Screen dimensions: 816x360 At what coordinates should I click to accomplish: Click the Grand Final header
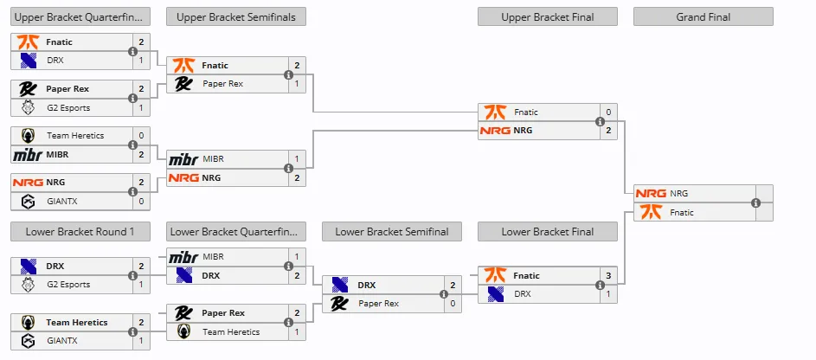click(x=703, y=16)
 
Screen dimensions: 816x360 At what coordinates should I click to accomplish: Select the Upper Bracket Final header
click(x=548, y=16)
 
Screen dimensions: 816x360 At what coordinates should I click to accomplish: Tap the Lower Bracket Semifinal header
click(x=392, y=232)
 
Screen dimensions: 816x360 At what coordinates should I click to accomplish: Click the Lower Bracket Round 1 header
click(x=80, y=232)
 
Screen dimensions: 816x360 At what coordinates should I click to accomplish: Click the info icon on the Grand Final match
click(x=755, y=202)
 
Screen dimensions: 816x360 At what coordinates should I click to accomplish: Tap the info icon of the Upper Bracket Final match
click(x=600, y=121)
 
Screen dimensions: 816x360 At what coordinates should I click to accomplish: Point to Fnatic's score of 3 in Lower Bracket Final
click(x=608, y=276)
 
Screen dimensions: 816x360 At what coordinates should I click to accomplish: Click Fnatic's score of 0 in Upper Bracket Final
click(x=608, y=112)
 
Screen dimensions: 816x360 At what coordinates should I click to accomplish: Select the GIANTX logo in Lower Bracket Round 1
click(x=28, y=341)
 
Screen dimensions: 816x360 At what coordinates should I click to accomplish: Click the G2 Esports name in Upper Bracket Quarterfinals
click(x=68, y=107)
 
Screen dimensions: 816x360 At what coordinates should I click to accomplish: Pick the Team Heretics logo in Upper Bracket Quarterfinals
click(x=28, y=135)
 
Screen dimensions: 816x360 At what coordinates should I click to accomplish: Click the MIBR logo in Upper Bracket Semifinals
click(x=183, y=159)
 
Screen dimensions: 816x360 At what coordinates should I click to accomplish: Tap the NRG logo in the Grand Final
click(x=651, y=194)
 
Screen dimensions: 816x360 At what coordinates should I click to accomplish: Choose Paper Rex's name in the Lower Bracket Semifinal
click(x=378, y=303)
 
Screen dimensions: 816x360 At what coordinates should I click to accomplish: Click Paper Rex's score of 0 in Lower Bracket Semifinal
click(x=453, y=303)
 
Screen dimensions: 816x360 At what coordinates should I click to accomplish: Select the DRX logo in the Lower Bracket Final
click(x=496, y=294)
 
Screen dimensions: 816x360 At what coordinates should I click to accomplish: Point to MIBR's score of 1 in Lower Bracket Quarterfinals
click(x=297, y=257)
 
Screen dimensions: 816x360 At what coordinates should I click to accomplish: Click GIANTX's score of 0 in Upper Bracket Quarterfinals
click(x=141, y=201)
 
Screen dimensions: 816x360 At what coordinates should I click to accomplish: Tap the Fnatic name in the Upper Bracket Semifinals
click(x=215, y=66)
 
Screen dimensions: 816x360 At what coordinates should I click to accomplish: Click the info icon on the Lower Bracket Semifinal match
click(x=444, y=294)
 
